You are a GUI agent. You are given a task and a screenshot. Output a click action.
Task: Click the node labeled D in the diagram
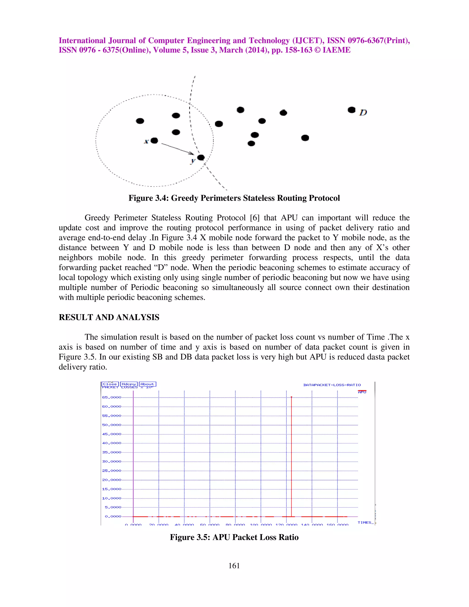pyautogui.click(x=352, y=110)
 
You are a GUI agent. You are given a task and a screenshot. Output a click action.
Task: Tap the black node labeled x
pyautogui.click(x=154, y=141)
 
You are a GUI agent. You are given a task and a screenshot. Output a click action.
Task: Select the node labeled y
pyautogui.click(x=201, y=158)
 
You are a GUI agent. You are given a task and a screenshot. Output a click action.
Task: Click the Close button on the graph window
pyautogui.click(x=110, y=384)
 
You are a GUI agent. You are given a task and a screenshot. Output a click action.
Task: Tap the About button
pyautogui.click(x=147, y=384)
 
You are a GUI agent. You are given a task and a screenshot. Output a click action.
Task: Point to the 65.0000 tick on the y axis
pyautogui.click(x=112, y=397)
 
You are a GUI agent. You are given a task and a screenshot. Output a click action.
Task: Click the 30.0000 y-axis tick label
pyautogui.click(x=112, y=461)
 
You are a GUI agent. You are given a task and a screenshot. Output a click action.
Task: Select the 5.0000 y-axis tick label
pyautogui.click(x=113, y=507)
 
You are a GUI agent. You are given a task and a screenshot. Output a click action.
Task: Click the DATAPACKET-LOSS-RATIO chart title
pyautogui.click(x=332, y=385)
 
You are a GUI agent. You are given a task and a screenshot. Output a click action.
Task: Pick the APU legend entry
pyautogui.click(x=362, y=392)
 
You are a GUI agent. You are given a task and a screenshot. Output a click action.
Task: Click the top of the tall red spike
pyautogui.click(x=291, y=397)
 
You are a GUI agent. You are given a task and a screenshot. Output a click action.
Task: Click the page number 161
pyautogui.click(x=234, y=566)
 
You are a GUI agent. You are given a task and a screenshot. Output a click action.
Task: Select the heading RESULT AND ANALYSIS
pyautogui.click(x=109, y=317)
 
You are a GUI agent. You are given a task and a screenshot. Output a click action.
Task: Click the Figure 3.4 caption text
pyautogui.click(x=234, y=198)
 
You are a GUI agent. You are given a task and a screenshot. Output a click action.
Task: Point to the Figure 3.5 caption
pyautogui.click(x=234, y=537)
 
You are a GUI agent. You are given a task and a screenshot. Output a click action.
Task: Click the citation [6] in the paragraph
pyautogui.click(x=255, y=218)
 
